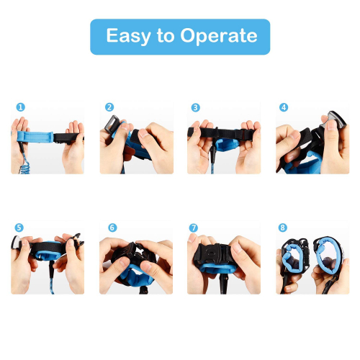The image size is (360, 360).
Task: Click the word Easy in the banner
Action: (128, 36)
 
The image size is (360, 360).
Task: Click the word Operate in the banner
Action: (219, 36)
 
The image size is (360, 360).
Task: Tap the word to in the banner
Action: (166, 35)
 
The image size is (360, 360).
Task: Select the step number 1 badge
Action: (21, 107)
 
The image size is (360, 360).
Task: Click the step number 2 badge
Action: (109, 107)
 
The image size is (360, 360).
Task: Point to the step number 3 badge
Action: (195, 107)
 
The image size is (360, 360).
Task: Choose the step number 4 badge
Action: (284, 107)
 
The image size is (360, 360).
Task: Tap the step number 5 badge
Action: (19, 228)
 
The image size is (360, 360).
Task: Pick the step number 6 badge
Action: (112, 228)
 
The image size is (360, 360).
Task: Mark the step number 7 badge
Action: (194, 228)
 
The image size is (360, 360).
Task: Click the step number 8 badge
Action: (283, 228)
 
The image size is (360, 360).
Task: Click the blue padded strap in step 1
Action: (35, 137)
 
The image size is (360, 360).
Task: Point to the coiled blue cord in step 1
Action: (24, 163)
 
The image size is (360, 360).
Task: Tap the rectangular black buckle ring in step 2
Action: (112, 124)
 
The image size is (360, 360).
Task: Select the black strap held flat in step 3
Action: (221, 132)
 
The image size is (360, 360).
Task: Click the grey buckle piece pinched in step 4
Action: (334, 120)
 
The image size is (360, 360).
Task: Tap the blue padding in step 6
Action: (135, 276)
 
